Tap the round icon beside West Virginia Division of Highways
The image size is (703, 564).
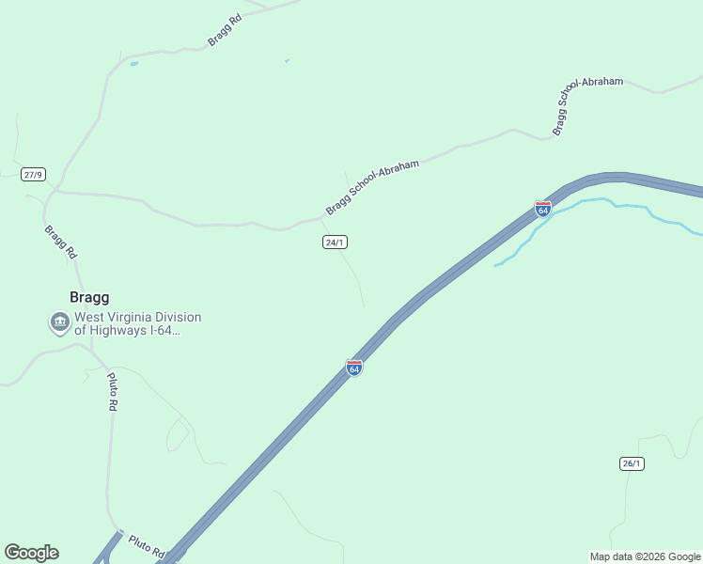(60, 323)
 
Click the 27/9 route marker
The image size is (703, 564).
(34, 174)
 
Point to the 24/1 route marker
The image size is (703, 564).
(335, 242)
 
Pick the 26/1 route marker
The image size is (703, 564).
(632, 463)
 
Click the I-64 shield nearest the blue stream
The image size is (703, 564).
(542, 209)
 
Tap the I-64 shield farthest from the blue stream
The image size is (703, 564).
(354, 368)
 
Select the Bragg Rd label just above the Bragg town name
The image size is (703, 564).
(60, 242)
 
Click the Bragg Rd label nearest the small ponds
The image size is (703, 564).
(225, 29)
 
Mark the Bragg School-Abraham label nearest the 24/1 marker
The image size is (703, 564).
(372, 186)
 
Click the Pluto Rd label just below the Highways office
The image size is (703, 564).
(112, 392)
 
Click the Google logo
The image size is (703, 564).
(31, 553)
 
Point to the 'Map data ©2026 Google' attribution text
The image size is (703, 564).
(645, 556)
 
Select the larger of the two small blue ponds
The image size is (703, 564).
(133, 64)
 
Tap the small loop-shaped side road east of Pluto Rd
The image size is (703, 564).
(177, 434)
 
